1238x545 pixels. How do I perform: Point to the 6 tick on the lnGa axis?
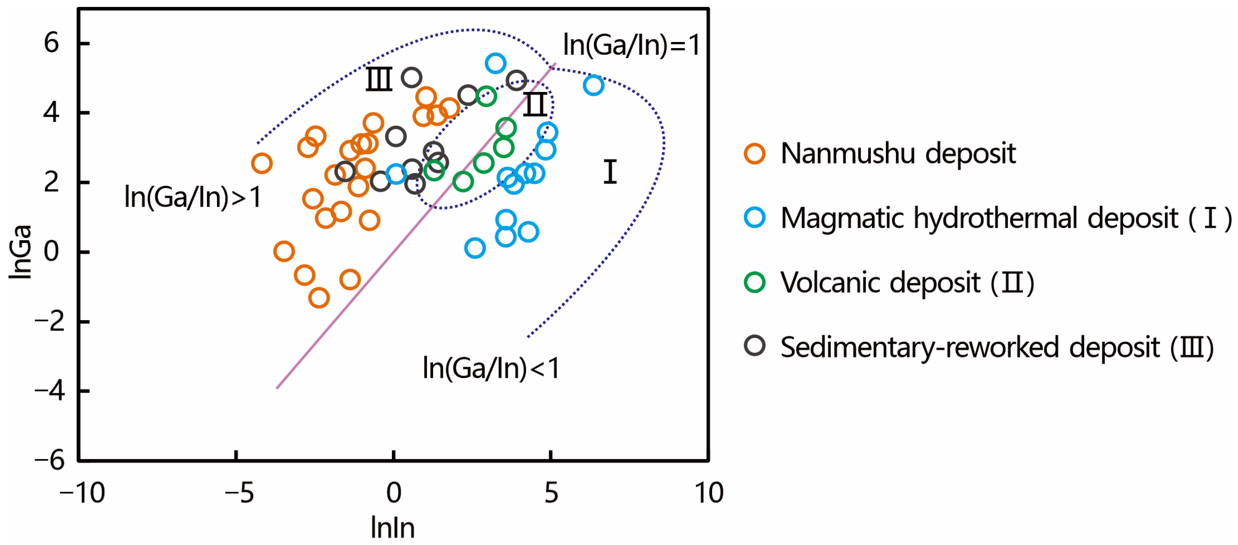tap(51, 43)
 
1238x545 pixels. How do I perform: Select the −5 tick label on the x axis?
tap(239, 493)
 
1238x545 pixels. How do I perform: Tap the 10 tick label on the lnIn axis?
tap(708, 493)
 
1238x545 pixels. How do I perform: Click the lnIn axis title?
tap(393, 528)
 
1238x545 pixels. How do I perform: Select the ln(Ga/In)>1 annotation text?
tap(193, 197)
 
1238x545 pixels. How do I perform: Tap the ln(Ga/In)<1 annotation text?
tap(490, 368)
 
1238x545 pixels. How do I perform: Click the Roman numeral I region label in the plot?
tap(610, 172)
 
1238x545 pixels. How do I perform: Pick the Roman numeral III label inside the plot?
tap(379, 79)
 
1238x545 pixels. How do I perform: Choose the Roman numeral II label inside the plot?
tap(534, 104)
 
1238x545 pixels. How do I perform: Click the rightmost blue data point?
tap(593, 85)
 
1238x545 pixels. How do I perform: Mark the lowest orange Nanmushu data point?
tap(319, 298)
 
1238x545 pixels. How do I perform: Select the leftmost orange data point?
tap(262, 164)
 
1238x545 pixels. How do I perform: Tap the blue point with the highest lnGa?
tap(496, 63)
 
